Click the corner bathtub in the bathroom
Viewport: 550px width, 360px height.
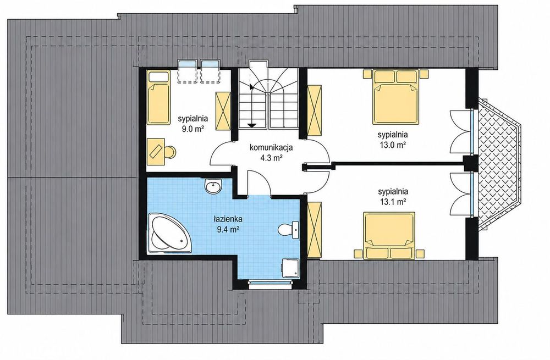pos(170,232)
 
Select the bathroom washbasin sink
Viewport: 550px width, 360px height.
pos(212,187)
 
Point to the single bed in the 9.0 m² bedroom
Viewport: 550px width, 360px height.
pos(158,97)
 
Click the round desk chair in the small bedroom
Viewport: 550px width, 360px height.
pos(169,152)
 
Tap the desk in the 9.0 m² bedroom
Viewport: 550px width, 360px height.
pos(156,152)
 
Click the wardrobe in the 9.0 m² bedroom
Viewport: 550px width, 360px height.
pos(223,111)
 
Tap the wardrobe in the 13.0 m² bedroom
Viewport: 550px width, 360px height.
pos(314,110)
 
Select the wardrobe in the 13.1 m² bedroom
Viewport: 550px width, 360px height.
pos(314,230)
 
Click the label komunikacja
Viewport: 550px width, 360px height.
pos(271,147)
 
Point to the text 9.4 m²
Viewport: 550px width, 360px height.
pos(228,230)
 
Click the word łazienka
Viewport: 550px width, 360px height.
pos(228,219)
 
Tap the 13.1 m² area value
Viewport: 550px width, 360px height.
pos(393,202)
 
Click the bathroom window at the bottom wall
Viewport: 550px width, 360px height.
pos(270,283)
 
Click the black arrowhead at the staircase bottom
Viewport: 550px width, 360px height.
pos(251,124)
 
